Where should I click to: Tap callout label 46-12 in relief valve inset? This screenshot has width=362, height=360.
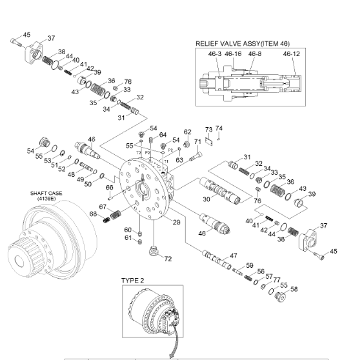point(291,54)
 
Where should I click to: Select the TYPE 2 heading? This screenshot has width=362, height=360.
point(134,281)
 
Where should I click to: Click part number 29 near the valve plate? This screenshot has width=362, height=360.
point(176,222)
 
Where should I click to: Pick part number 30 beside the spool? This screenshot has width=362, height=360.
point(206,199)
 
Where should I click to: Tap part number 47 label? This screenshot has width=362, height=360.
point(233,256)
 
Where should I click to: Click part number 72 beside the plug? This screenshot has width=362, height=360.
point(168,259)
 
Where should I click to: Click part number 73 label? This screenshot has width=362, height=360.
point(208,130)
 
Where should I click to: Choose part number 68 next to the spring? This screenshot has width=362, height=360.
point(93,214)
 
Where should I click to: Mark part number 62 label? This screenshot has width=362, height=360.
point(188,132)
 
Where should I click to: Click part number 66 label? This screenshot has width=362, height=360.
point(110,188)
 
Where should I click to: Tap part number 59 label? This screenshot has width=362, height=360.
point(250,265)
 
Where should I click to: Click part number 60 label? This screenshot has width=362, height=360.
point(128,230)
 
